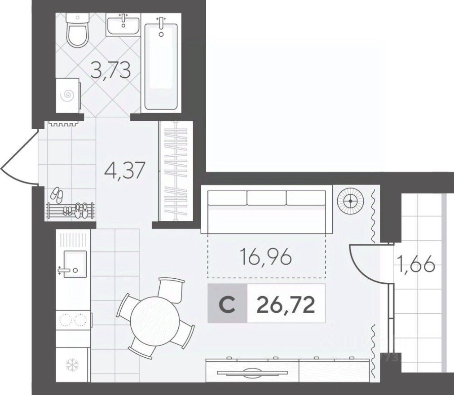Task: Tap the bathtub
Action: [x=161, y=65]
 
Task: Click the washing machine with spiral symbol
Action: [x=68, y=95]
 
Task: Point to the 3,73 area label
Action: [x=110, y=70]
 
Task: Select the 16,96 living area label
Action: [x=266, y=258]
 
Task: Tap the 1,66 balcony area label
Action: [x=415, y=265]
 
